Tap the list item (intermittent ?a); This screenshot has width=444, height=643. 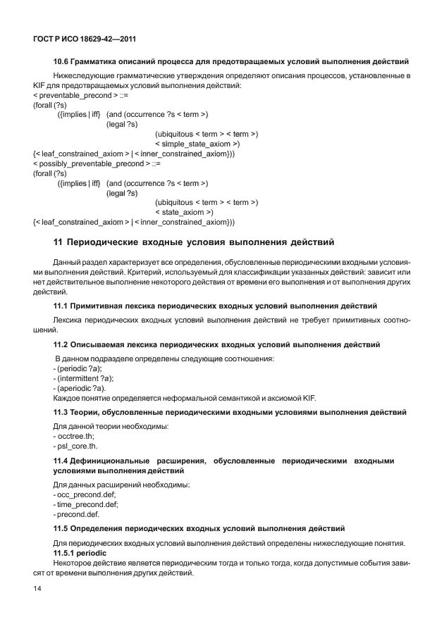coord(84,378)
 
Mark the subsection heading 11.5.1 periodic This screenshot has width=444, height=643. coord(78,554)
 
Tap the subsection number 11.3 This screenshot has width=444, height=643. coord(61,412)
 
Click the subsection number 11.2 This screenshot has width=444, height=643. coord(61,344)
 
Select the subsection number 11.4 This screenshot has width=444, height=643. coord(61,461)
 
